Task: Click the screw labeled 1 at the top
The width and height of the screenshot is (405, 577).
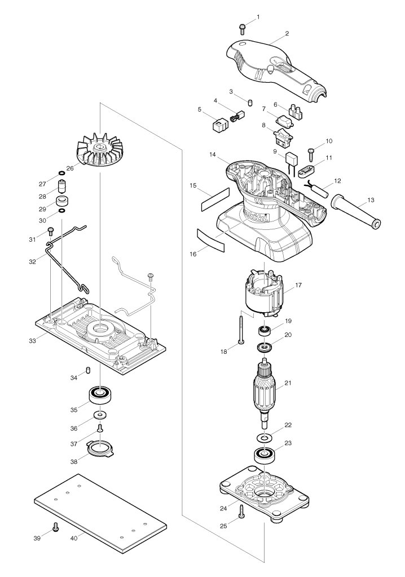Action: pos(242,29)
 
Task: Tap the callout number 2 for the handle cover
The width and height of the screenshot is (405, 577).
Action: pos(287,33)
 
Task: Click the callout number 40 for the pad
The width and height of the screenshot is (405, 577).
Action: pos(74,538)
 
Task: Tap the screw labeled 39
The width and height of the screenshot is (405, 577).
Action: pos(56,527)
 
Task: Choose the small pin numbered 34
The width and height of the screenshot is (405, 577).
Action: pos(88,370)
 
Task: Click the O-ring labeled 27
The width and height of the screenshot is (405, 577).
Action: pos(61,173)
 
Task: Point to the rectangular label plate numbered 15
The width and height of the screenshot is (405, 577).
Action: pos(215,199)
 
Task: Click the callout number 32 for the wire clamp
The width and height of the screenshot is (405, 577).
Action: pos(32,261)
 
